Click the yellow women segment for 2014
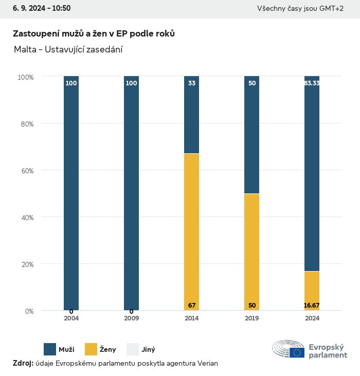click(192, 231)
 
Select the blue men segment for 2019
click(252, 135)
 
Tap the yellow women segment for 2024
click(312, 291)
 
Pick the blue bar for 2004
click(71, 193)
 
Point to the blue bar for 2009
click(132, 193)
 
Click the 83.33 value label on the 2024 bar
click(312, 83)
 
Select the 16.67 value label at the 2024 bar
click(312, 306)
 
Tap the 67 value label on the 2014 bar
click(192, 306)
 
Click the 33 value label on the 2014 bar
click(192, 83)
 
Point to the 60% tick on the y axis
click(26, 170)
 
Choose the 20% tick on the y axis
click(26, 264)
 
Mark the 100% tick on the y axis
click(25, 77)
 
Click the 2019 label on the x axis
click(252, 318)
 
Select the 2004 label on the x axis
click(71, 318)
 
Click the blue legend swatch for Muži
click(50, 349)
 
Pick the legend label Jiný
click(148, 350)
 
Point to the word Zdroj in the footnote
click(23, 363)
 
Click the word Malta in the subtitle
click(24, 49)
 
